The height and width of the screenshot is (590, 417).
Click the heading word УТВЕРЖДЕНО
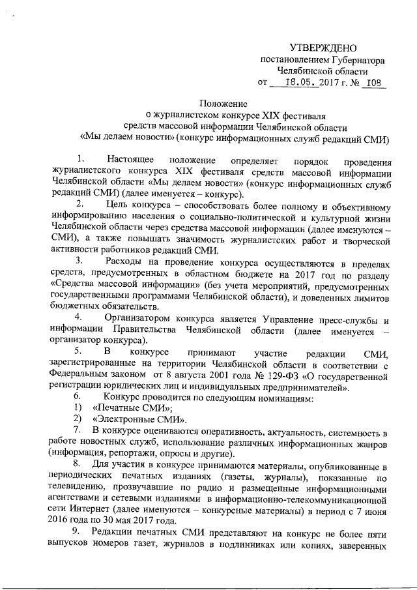pos(324,48)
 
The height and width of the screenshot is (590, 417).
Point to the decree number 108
pos(373,83)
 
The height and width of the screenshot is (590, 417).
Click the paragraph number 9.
pos(78,532)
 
